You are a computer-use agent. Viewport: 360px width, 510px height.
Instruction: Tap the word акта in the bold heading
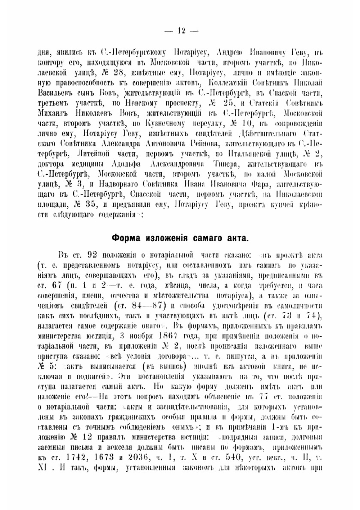(238, 238)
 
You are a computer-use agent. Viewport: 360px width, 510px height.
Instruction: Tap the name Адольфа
(125, 164)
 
